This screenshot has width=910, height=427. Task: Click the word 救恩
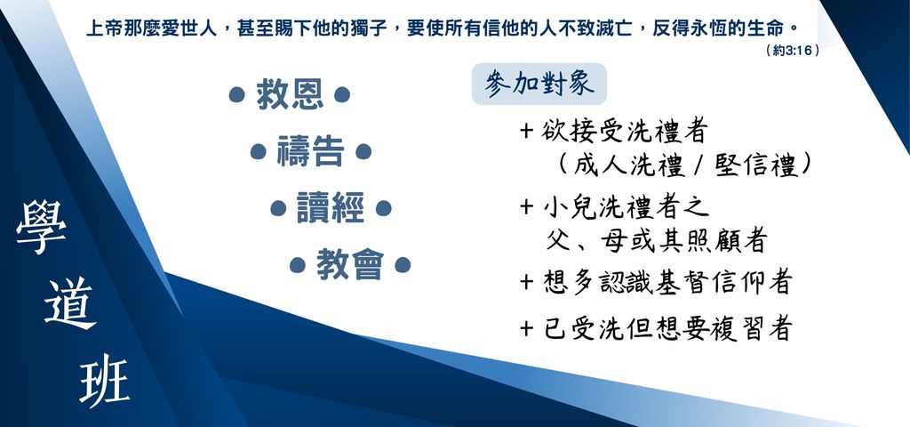pyautogui.click(x=291, y=95)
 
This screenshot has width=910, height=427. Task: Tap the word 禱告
pyautogui.click(x=310, y=151)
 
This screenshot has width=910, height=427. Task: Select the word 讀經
pyautogui.click(x=331, y=208)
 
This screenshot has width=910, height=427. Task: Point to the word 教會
pyautogui.click(x=350, y=265)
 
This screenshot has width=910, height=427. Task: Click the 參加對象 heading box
pyautogui.click(x=539, y=85)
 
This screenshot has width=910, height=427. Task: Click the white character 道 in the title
pyautogui.click(x=70, y=303)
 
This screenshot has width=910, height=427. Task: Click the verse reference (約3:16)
pyautogui.click(x=793, y=51)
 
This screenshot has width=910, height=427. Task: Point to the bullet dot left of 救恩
pyautogui.click(x=236, y=94)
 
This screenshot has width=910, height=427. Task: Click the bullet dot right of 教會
pyautogui.click(x=403, y=265)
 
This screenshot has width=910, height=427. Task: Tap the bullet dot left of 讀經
pyautogui.click(x=278, y=208)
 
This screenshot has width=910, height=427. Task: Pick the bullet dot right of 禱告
pyautogui.click(x=363, y=151)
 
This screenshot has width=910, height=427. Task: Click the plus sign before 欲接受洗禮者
pyautogui.click(x=526, y=131)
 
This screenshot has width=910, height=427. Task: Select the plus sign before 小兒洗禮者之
pyautogui.click(x=526, y=206)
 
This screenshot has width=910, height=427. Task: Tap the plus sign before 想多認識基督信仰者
pyautogui.click(x=526, y=282)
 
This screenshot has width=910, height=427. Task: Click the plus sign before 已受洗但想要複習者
pyautogui.click(x=526, y=329)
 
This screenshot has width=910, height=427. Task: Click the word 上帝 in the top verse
pyautogui.click(x=105, y=28)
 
